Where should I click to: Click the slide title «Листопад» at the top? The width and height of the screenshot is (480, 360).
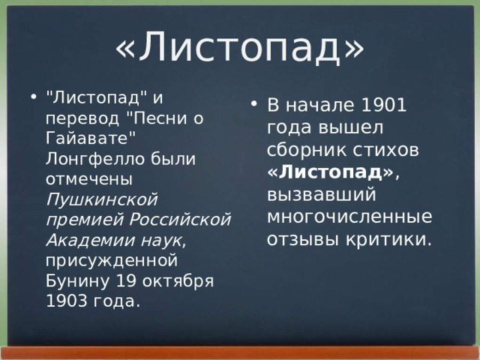(x=239, y=46)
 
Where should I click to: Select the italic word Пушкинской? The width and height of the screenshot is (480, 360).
(x=101, y=200)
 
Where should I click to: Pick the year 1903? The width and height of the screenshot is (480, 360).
(x=65, y=301)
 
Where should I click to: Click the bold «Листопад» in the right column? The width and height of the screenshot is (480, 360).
(x=330, y=172)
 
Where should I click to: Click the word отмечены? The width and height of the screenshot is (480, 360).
(x=89, y=180)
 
